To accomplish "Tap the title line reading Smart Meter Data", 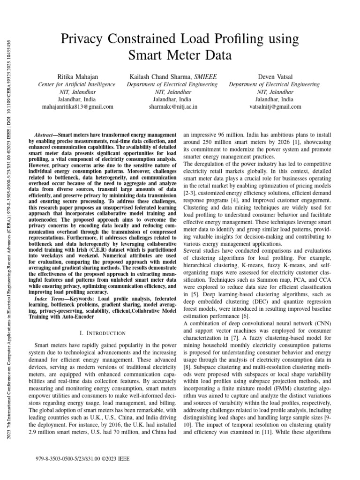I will coord(180,55).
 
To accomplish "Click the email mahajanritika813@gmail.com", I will coord(78,107).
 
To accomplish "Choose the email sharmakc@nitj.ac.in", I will coord(172,107).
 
